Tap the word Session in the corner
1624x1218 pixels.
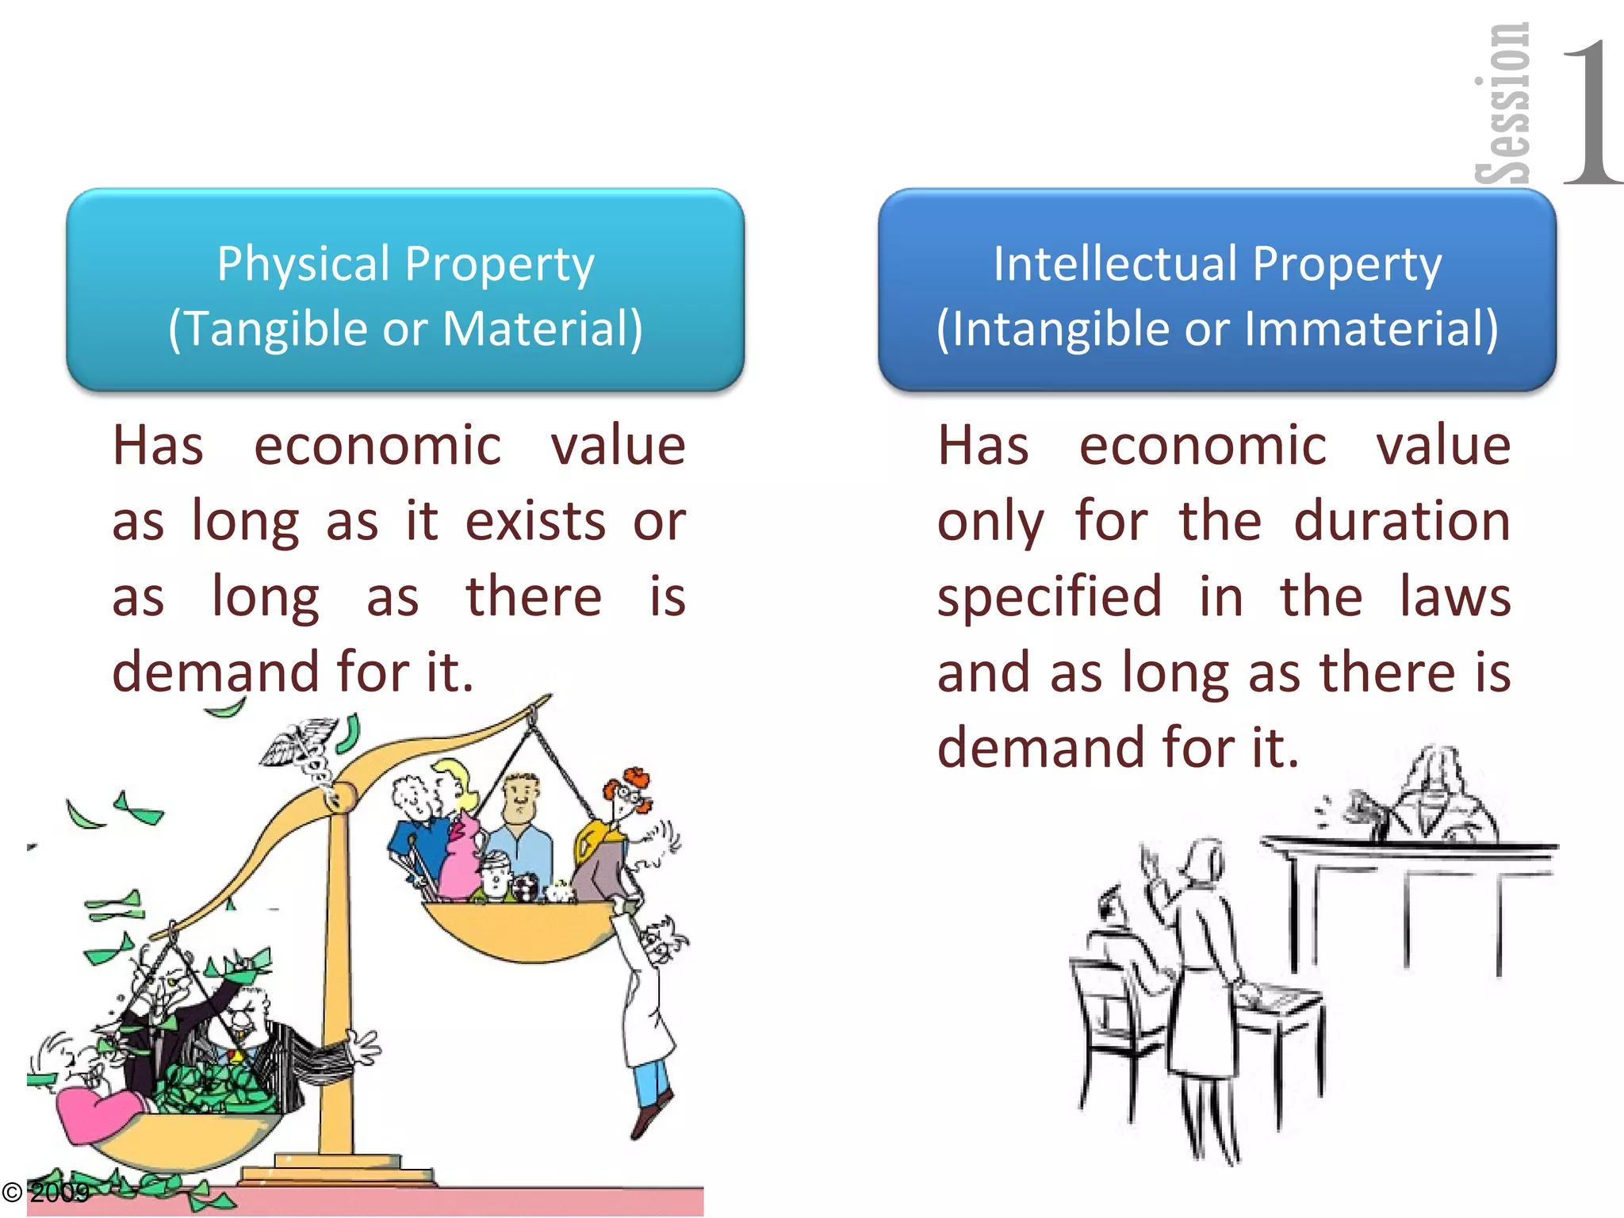click(x=1502, y=103)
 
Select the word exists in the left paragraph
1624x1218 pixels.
click(x=535, y=522)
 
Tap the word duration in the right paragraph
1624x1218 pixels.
click(x=1401, y=522)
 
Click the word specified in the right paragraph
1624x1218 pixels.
click(x=1049, y=597)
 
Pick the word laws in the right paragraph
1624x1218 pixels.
click(x=1454, y=597)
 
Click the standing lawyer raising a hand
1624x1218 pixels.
click(x=1201, y=952)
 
